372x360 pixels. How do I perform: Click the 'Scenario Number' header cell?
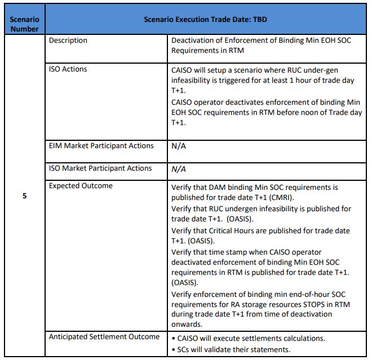24,24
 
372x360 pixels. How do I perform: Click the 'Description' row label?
68,41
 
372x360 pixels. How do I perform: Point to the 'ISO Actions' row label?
68,69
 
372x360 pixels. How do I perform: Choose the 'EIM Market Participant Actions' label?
101,146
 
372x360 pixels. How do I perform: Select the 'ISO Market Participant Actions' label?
100,168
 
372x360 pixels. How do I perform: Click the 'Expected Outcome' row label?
81,185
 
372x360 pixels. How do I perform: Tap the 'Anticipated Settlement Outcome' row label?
104,337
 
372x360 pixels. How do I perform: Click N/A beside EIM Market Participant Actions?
179,146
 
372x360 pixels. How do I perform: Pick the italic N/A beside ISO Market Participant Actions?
179,168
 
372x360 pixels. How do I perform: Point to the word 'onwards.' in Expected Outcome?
187,323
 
